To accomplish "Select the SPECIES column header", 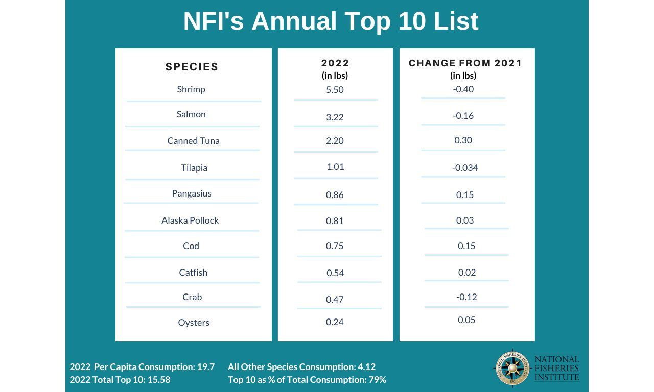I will pos(192,67).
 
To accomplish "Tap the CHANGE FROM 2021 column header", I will pos(465,63).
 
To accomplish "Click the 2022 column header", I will pos(335,63).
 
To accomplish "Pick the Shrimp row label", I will pos(191,89).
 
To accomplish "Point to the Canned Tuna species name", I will pos(193,141).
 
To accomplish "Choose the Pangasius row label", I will pos(192,193).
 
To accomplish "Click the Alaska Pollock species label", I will pos(190,220).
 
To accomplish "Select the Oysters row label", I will pos(194,323).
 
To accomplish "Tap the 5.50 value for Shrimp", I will pos(335,90).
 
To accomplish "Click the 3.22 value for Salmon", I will pos(335,117).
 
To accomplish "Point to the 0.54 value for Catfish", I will pos(335,273).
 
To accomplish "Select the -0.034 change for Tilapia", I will pos(465,168).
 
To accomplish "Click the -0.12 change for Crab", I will pos(465,297).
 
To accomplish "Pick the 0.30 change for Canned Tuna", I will pos(463,140).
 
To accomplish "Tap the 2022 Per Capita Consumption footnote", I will pos(142,367).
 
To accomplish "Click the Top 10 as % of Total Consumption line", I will pos(307,380).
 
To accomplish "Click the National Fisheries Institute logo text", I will pos(556,369).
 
